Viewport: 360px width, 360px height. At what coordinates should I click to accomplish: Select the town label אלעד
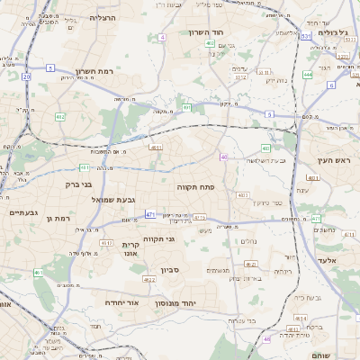click(326, 259)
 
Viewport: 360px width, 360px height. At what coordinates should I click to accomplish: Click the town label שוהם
click(319, 356)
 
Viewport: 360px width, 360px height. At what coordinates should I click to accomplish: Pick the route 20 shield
click(27, 77)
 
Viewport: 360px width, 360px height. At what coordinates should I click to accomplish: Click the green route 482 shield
click(60, 116)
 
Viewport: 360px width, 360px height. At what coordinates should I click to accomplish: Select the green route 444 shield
click(308, 75)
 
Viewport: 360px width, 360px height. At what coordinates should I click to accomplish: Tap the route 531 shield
click(306, 36)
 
